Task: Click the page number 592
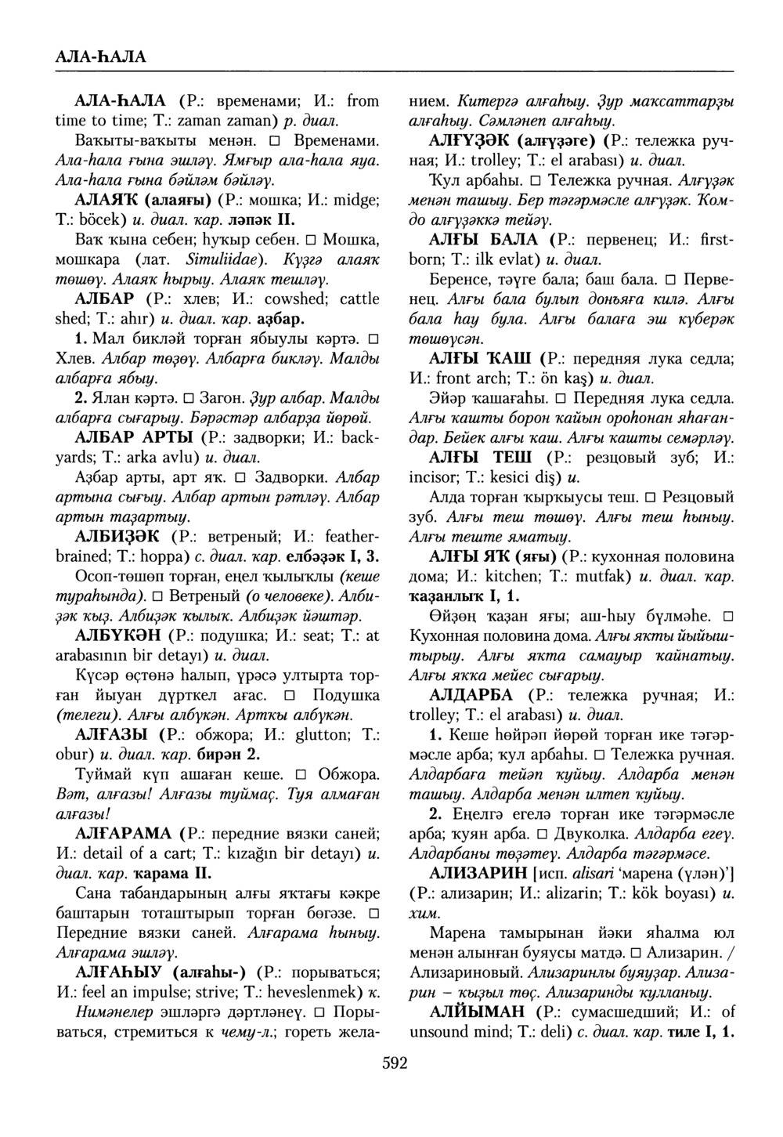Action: point(395,1063)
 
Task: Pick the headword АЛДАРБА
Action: point(471,695)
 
